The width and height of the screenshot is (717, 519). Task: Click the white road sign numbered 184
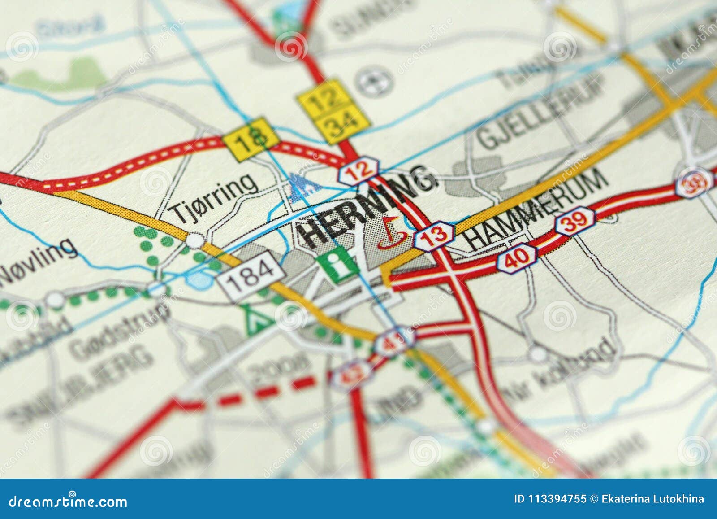tap(251, 275)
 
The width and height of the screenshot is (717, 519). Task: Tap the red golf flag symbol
tap(392, 232)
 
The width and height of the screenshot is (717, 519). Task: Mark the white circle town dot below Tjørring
tap(195, 240)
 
